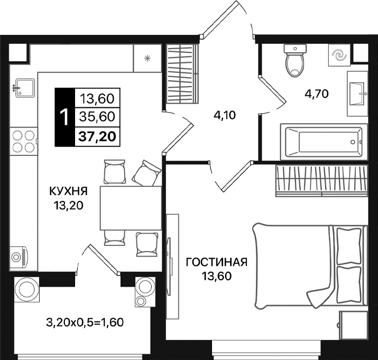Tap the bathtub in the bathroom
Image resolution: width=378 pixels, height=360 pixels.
pos(323,142)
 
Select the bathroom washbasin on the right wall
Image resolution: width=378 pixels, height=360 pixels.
pos(358,93)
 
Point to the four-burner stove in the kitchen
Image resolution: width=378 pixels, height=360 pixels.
pos(23,141)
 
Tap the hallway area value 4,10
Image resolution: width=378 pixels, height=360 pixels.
pos(224,115)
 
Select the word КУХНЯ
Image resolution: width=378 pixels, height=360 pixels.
pos(68,191)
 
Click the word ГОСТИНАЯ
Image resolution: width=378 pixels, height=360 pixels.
pos(217,262)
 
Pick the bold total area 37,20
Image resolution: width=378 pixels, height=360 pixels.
pos(98,137)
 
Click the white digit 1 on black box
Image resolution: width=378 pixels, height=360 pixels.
pos(64,117)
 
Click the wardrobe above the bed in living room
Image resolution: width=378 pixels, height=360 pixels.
pos(321,179)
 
